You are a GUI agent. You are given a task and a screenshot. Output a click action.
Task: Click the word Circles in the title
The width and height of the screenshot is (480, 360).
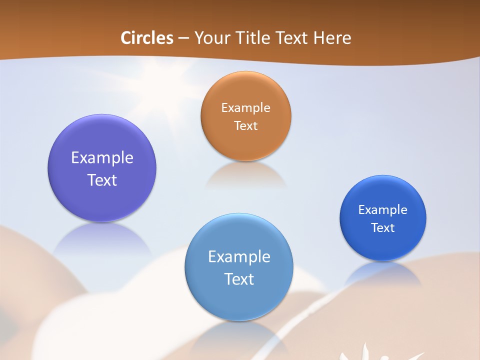146,38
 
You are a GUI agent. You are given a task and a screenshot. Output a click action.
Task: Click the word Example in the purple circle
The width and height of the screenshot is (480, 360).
102,158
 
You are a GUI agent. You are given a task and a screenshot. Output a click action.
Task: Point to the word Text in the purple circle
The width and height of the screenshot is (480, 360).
102,180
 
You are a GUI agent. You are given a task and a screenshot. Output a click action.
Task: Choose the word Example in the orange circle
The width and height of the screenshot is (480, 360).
245,108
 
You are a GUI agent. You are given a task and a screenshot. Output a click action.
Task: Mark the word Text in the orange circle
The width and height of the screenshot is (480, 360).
245,125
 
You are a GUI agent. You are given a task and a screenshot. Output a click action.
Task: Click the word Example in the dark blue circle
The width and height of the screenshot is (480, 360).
383,210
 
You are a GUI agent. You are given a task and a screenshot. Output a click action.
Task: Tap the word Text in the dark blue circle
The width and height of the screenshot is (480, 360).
383,227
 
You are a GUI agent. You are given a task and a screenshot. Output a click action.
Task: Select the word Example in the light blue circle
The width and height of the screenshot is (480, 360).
239,257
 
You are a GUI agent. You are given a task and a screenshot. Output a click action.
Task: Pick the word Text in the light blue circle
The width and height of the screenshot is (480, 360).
239,279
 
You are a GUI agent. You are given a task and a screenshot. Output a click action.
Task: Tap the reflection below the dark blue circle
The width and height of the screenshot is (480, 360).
383,272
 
